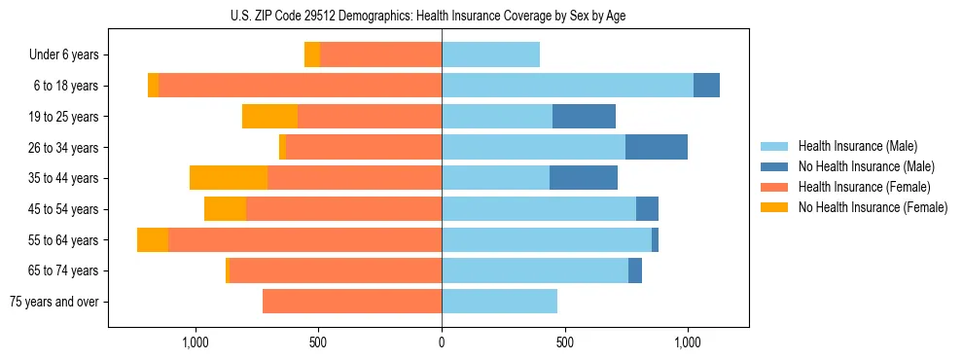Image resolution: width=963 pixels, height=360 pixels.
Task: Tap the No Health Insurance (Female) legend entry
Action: click(873, 207)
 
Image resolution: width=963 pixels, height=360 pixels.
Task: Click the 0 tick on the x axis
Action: click(442, 342)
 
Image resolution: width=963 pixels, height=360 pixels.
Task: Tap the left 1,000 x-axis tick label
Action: click(196, 342)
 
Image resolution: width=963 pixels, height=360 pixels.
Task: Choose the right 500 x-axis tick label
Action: click(564, 342)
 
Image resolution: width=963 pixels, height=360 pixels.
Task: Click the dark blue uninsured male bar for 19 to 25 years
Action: click(584, 117)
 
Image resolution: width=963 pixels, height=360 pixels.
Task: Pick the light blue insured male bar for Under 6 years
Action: click(490, 55)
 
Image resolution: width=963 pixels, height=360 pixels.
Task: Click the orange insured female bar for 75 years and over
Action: click(352, 302)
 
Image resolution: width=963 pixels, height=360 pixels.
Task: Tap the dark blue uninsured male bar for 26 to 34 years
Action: click(657, 147)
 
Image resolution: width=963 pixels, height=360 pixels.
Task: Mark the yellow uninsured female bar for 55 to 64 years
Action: click(153, 240)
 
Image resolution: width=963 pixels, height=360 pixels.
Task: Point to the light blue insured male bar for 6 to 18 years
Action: click(567, 86)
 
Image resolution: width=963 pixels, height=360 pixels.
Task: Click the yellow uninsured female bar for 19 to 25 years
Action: click(269, 117)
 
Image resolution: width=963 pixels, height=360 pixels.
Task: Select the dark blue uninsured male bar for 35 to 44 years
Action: click(584, 178)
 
